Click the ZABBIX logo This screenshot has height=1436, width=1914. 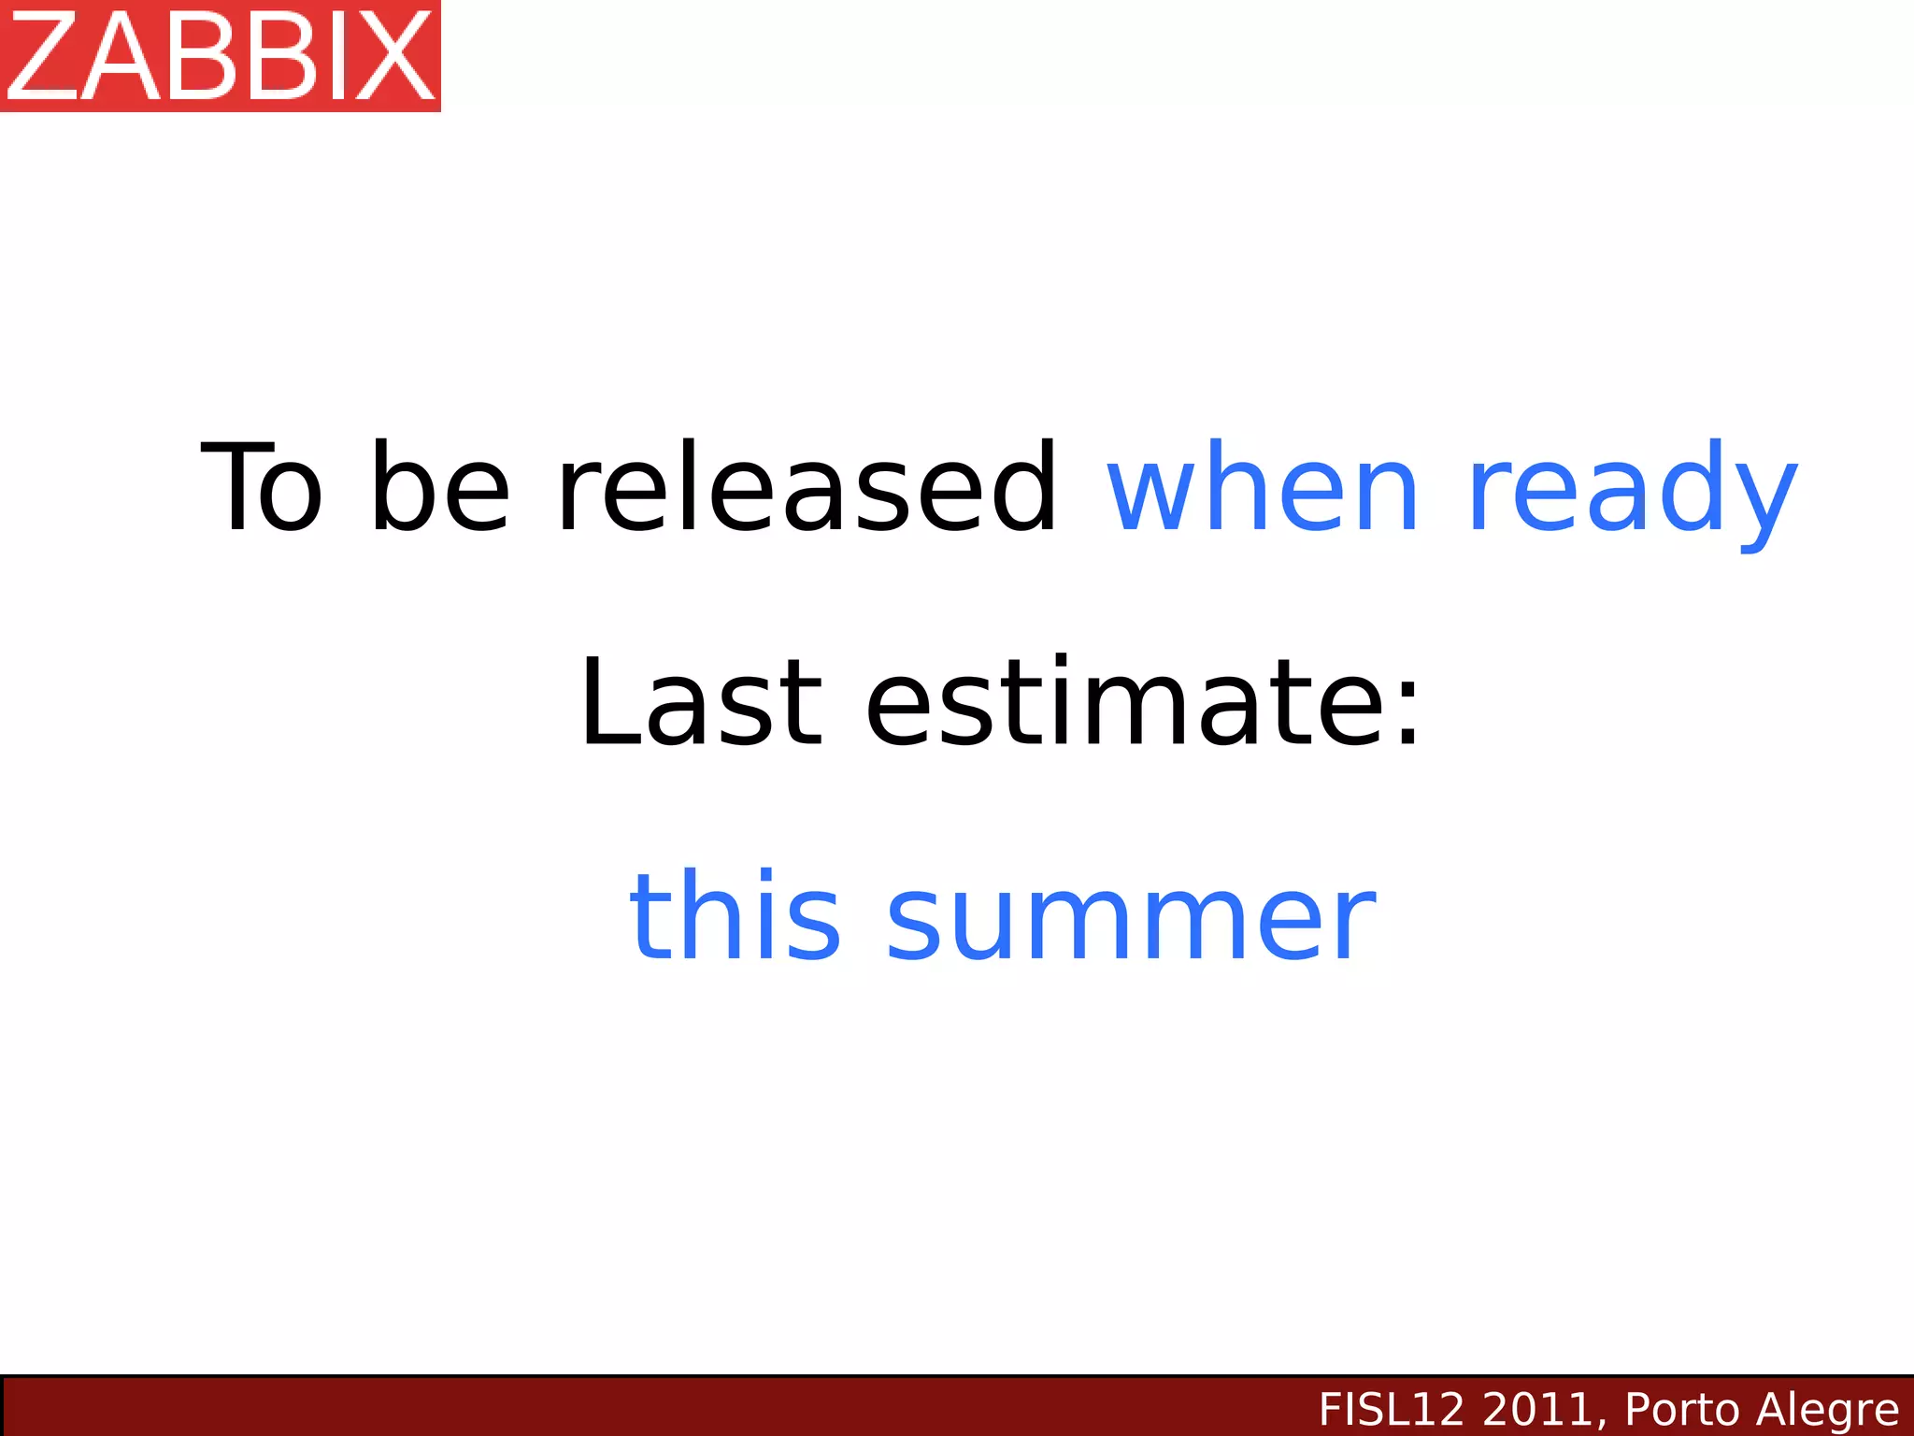point(220,56)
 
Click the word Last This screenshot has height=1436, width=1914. point(701,702)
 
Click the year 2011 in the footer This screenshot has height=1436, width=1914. point(1537,1409)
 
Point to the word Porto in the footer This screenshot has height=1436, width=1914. point(1681,1409)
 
